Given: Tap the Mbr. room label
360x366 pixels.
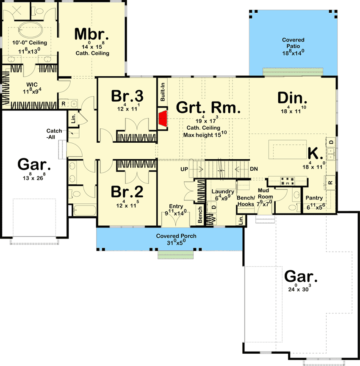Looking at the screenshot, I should pyautogui.click(x=91, y=34).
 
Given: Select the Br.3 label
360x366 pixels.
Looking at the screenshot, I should pyautogui.click(x=127, y=96).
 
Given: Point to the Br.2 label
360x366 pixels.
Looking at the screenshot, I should pyautogui.click(x=127, y=191).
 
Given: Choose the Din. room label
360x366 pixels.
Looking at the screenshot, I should pyautogui.click(x=293, y=98).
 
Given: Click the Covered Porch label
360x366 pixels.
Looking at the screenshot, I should pyautogui.click(x=176, y=236).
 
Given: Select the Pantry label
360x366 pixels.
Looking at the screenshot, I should pyautogui.click(x=314, y=198).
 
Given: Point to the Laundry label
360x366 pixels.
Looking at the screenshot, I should pyautogui.click(x=222, y=191).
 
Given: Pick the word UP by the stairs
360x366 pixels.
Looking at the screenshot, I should pyautogui.click(x=185, y=169).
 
